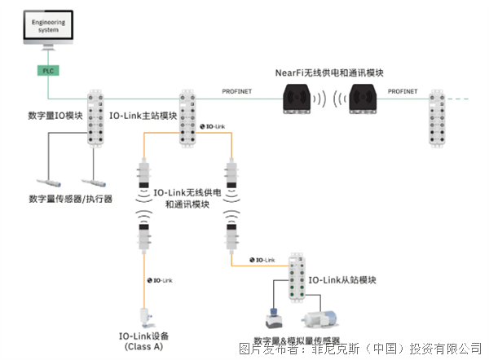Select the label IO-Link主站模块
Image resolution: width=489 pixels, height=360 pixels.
[143, 116]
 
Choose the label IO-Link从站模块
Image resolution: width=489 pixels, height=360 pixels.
[341, 280]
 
